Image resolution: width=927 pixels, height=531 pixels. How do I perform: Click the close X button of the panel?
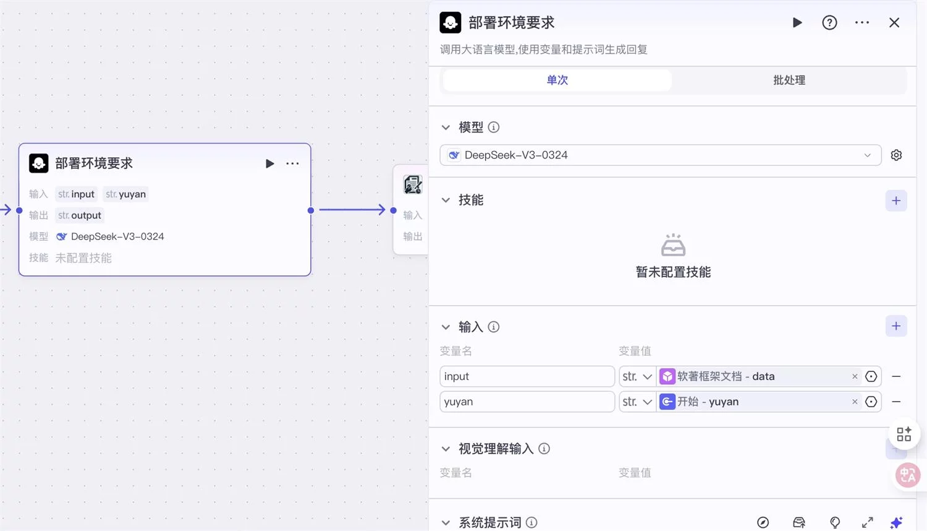[x=894, y=23]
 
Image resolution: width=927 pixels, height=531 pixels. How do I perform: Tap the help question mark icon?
[x=829, y=23]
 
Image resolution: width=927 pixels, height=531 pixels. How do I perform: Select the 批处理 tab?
[x=789, y=80]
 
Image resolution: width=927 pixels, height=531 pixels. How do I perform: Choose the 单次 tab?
[x=557, y=80]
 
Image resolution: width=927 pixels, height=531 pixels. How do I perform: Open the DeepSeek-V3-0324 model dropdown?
[x=660, y=155]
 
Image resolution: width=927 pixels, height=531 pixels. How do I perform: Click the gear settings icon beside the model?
[x=896, y=155]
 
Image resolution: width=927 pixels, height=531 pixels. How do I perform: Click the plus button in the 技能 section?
[x=896, y=201]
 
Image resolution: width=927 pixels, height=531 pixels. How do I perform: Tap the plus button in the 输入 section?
[x=896, y=326]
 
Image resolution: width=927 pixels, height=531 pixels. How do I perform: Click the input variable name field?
[x=527, y=376]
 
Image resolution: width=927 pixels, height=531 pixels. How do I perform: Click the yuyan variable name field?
[x=527, y=402]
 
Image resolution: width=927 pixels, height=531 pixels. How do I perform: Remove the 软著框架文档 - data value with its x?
[x=855, y=376]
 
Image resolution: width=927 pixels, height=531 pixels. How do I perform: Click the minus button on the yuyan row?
[x=896, y=402]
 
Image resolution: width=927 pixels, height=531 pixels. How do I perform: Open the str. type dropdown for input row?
[x=637, y=376]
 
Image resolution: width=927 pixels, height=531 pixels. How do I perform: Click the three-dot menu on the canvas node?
[x=292, y=163]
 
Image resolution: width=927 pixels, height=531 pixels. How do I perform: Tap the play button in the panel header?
[x=797, y=23]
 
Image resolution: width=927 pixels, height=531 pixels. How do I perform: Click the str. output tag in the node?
[x=80, y=215]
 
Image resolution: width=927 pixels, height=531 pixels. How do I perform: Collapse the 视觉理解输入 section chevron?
[x=446, y=449]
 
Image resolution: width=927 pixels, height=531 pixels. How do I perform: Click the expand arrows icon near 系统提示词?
[x=867, y=522]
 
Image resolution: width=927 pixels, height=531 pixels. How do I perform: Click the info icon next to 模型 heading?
[x=493, y=127]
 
